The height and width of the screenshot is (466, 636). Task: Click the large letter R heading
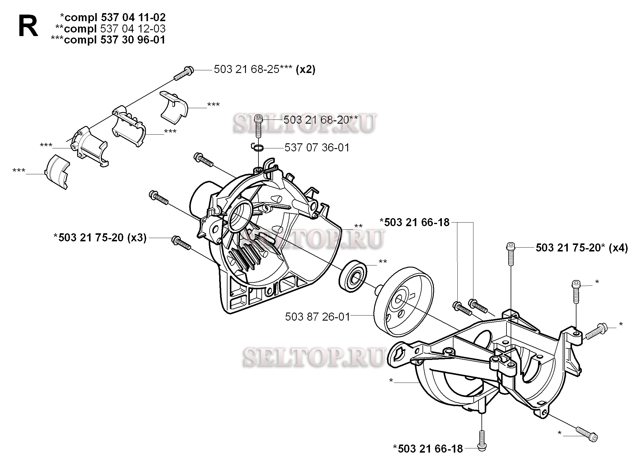click(x=28, y=27)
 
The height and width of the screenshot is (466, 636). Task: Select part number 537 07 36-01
click(x=317, y=148)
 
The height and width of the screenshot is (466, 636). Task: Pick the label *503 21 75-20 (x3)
click(x=100, y=238)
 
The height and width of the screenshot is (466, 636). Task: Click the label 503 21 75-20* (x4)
click(x=582, y=248)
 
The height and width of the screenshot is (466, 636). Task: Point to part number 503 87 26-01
click(x=317, y=317)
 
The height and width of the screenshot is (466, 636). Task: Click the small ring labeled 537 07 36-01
click(x=258, y=147)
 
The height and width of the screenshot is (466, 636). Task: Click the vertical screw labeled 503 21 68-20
click(x=258, y=127)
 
